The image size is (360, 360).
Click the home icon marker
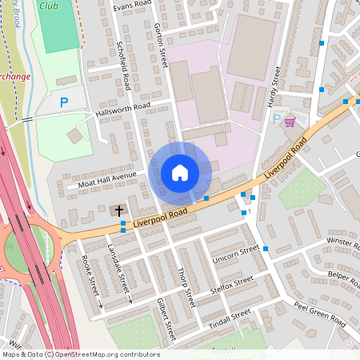pos(180,172)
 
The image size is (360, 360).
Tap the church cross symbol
pos(119,211)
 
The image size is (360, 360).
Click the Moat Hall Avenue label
pos(108,180)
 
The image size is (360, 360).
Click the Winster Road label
pos(340,241)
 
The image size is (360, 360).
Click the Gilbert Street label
pos(166,314)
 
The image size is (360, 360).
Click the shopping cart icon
pos(289,121)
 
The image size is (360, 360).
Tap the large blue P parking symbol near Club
pos(64,102)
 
